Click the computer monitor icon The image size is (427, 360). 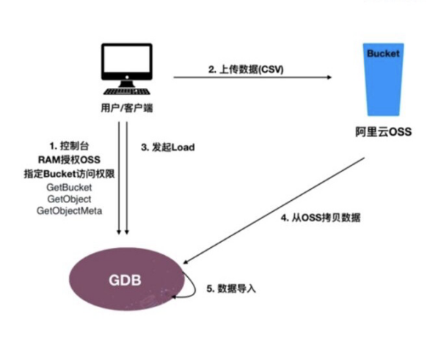[x=126, y=65]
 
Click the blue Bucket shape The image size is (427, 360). [x=384, y=81]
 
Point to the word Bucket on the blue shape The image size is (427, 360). [x=384, y=54]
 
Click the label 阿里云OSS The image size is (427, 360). [x=384, y=132]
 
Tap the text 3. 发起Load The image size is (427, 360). [x=168, y=147]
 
